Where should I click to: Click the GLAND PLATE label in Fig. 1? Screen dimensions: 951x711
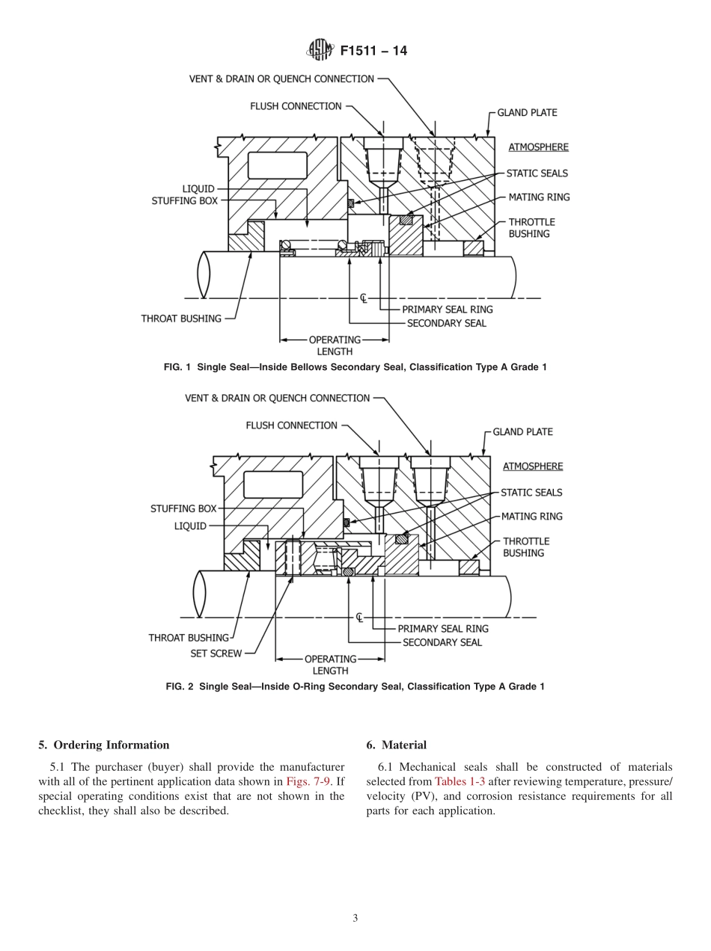click(527, 113)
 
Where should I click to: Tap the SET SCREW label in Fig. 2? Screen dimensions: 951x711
click(216, 653)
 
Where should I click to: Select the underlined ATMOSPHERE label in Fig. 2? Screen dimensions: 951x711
click(532, 467)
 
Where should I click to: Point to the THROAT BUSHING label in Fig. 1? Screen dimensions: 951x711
click(181, 318)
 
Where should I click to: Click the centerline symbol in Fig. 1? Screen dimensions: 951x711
click(364, 298)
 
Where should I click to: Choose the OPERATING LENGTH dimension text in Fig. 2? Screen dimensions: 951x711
click(330, 665)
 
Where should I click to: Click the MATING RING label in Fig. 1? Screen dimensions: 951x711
click(539, 197)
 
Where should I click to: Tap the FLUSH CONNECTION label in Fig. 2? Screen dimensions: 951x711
click(291, 425)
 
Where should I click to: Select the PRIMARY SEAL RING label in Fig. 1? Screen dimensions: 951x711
click(447, 310)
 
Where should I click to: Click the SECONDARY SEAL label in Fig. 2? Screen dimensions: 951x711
click(442, 642)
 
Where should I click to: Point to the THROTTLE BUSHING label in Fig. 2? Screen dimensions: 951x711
click(525, 547)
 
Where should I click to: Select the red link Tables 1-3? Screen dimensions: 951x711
click(460, 781)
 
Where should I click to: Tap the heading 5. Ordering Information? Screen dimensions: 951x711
click(104, 745)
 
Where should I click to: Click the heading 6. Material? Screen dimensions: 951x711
click(397, 745)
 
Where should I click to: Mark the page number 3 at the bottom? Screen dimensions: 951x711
click(355, 918)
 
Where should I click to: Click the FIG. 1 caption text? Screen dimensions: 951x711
click(355, 367)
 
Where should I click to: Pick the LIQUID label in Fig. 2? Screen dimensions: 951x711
click(190, 526)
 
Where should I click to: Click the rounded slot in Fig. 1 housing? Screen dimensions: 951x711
click(277, 165)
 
